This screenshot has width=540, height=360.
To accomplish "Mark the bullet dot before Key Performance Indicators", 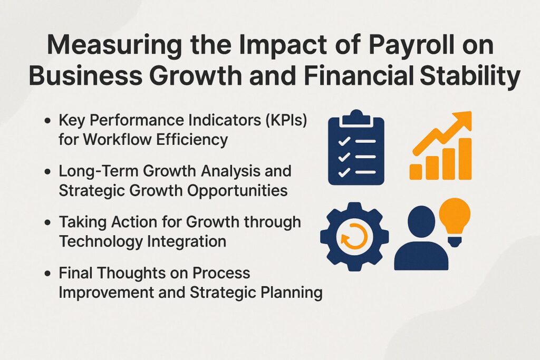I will click(x=49, y=121).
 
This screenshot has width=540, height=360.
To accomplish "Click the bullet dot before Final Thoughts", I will click(x=49, y=274).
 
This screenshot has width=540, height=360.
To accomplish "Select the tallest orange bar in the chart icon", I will click(x=465, y=158).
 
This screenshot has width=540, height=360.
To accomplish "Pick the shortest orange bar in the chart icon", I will click(x=416, y=171).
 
